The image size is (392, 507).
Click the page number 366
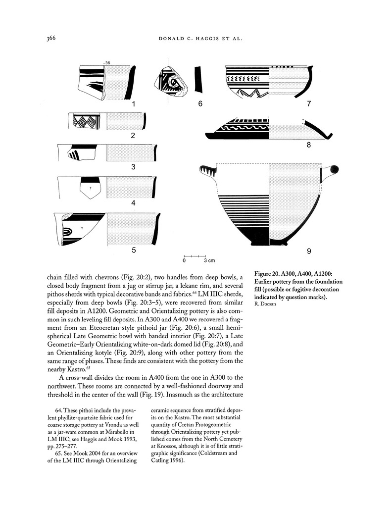[x=53, y=38]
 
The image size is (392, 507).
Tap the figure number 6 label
[x=200, y=104]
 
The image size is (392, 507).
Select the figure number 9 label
[x=309, y=252]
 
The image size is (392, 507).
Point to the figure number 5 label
[x=134, y=251]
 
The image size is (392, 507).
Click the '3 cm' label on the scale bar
[x=209, y=260]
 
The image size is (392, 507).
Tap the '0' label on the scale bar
[x=184, y=260]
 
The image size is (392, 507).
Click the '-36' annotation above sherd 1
[x=106, y=62]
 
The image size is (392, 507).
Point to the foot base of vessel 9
[x=269, y=243]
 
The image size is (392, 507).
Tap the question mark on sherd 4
[x=91, y=189]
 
